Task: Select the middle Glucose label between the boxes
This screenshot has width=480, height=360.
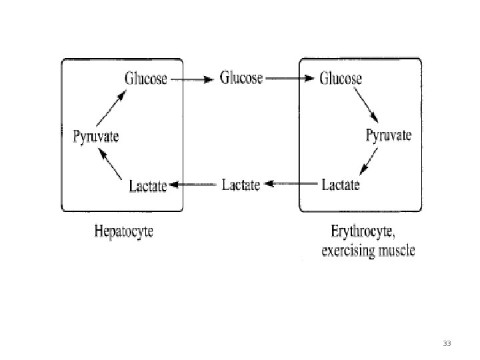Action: pos(241,78)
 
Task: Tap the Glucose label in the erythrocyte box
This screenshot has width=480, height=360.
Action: pos(341,78)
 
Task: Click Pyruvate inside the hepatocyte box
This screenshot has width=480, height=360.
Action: pos(95,137)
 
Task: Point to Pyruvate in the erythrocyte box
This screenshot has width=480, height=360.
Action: pos(388,136)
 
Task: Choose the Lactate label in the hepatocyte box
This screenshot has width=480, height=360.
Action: pos(147,186)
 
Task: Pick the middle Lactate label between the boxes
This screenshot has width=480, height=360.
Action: pos(240,185)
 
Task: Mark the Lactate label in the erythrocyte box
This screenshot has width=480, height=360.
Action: pos(341,185)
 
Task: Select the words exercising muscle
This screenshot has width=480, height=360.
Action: pos(367,251)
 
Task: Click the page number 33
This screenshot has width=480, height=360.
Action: pos(447,343)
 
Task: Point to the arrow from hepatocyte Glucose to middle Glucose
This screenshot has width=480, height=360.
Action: pos(192,79)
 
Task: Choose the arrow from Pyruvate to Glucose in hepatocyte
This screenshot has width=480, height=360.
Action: pos(110,109)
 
